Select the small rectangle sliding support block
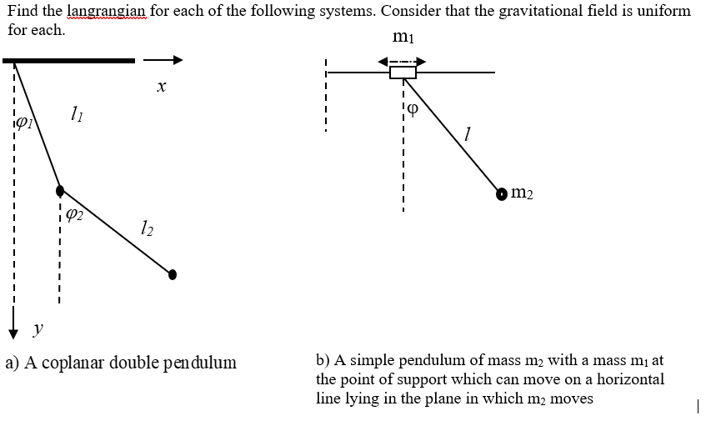coord(403,72)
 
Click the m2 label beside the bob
coord(521,193)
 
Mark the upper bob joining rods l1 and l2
coord(60,190)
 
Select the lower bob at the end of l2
coord(173,273)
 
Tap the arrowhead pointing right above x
coord(176,60)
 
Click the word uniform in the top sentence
coord(665,11)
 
